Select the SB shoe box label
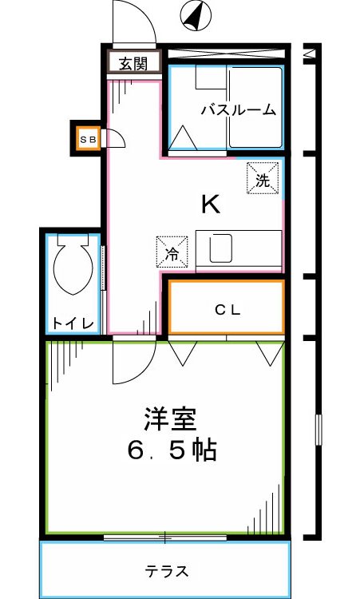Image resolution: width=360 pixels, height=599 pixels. (87, 139)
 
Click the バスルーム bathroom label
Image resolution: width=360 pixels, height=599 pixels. (238, 109)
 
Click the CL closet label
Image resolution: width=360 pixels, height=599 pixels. (227, 308)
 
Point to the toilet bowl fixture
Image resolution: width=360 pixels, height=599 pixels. (73, 270)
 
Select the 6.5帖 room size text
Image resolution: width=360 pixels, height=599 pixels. (172, 451)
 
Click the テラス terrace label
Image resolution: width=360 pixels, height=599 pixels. (167, 572)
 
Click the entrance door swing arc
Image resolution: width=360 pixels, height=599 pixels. (133, 22)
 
